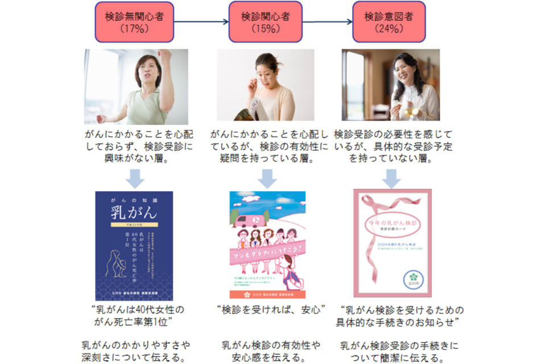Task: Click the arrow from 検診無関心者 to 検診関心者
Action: coord(201,23)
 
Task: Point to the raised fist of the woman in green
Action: coord(165,56)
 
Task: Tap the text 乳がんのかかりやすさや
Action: coord(135,345)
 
